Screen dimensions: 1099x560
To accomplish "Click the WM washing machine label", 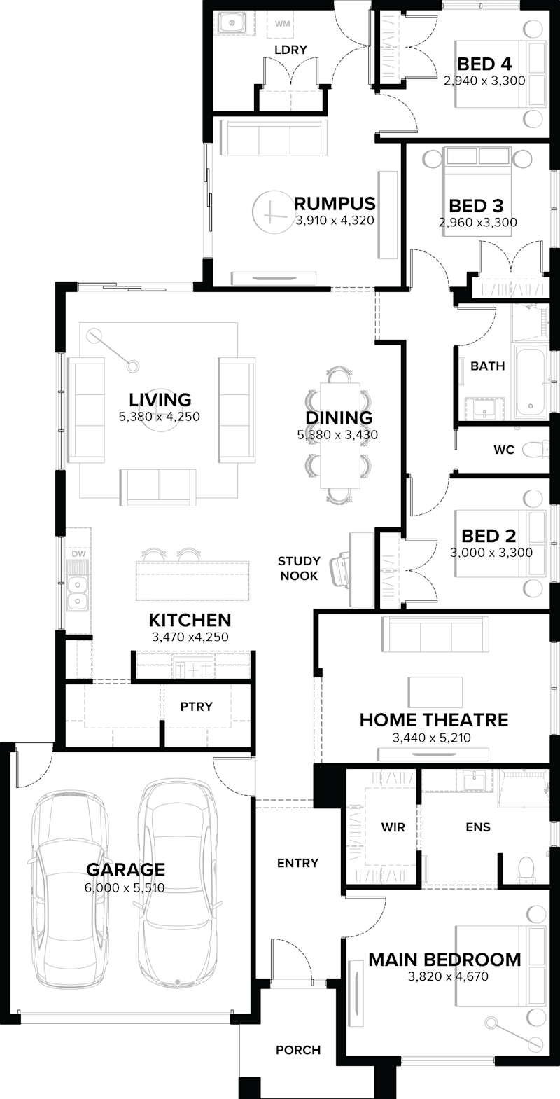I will coord(282,25).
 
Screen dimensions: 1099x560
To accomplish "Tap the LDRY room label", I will coord(291,50).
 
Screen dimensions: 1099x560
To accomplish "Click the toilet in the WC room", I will coord(535,448).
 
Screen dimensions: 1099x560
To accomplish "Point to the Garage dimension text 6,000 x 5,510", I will coord(125,888).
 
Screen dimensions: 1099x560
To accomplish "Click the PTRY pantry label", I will coord(196,706).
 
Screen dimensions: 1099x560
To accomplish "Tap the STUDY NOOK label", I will coord(299,568).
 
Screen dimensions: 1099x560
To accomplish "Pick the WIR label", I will coord(393,827).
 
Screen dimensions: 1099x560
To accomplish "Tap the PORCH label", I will coord(298,1050).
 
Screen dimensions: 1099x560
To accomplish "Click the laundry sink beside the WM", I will coord(231,25).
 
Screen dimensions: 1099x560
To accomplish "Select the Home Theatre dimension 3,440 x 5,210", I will coord(433,737).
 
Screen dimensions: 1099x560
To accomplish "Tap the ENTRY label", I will coord(297,863).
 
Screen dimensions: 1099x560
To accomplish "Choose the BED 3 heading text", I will coord(476,206).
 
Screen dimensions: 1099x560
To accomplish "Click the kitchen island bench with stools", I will coord(192,577).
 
